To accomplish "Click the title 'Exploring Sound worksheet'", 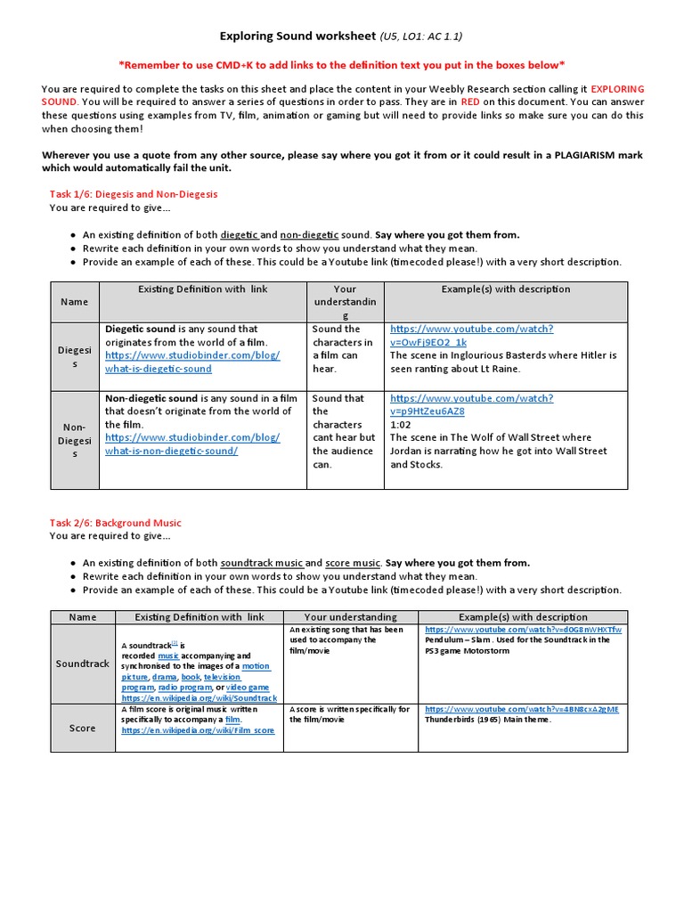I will pyautogui.click(x=297, y=37).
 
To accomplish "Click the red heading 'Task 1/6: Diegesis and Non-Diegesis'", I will pyautogui.click(x=134, y=193).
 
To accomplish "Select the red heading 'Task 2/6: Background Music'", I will pyautogui.click(x=116, y=522).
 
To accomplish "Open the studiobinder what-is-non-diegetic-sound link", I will pyautogui.click(x=191, y=444).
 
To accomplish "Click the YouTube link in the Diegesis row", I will pyautogui.click(x=471, y=335).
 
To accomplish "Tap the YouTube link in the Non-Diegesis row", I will pyautogui.click(x=471, y=404).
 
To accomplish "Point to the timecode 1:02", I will pyautogui.click(x=401, y=425).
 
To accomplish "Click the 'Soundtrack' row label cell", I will pyautogui.click(x=83, y=664).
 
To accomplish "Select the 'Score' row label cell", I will pyautogui.click(x=83, y=728).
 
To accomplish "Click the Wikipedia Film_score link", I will pyautogui.click(x=199, y=730).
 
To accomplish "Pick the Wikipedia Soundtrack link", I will pyautogui.click(x=199, y=698).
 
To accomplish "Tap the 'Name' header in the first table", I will pyautogui.click(x=74, y=302).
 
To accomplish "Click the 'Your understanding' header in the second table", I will pyautogui.click(x=350, y=616).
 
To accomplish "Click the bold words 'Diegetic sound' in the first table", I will pyautogui.click(x=140, y=329).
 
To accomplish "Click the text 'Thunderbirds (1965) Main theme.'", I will pyautogui.click(x=488, y=720).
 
